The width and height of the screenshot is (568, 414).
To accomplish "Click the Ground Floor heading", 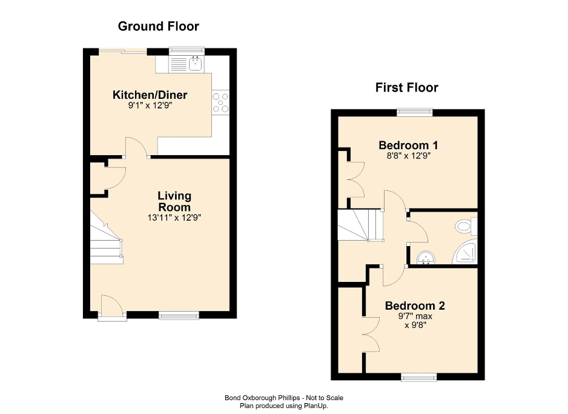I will click(158, 26).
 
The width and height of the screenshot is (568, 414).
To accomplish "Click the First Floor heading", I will click(406, 87).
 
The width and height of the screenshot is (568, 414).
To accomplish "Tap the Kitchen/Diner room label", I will click(150, 95).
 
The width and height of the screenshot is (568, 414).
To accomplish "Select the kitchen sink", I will click(196, 62).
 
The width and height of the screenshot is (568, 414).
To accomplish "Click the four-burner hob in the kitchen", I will click(220, 102).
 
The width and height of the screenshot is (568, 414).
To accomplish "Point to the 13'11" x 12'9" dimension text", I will click(174, 218).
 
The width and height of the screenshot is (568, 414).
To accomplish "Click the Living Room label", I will click(174, 201).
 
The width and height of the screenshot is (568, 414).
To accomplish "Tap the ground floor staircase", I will click(107, 238).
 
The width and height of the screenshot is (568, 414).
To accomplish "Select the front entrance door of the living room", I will click(112, 306).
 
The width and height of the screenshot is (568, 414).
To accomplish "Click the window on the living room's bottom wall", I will click(179, 315).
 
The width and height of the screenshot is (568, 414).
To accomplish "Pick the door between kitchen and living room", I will click(137, 148).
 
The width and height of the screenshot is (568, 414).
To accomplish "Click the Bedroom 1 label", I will click(408, 145).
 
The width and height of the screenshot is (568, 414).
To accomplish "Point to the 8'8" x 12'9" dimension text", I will click(408, 156).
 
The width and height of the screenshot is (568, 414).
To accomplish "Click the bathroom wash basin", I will click(426, 259).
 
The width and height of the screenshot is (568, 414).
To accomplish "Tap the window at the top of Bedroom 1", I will click(414, 112).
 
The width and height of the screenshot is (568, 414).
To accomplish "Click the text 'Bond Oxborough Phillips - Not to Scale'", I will click(283, 398).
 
